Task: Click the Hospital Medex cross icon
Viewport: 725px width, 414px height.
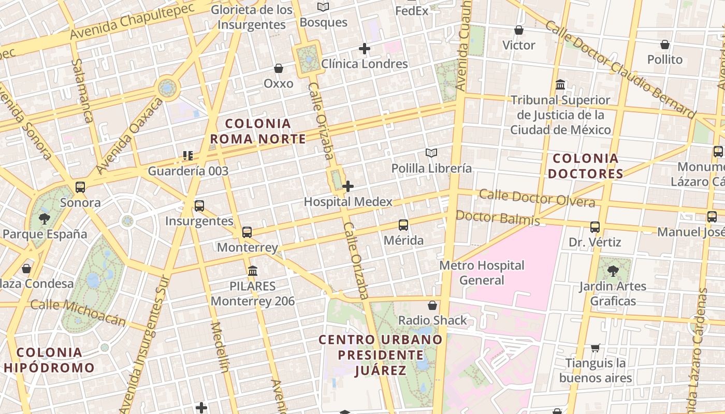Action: (x=348, y=186)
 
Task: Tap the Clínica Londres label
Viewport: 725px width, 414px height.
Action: (x=365, y=64)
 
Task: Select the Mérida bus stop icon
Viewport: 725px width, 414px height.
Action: (x=403, y=225)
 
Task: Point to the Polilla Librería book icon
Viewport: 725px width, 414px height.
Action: (x=431, y=153)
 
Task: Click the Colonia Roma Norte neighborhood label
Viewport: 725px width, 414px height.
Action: (x=258, y=131)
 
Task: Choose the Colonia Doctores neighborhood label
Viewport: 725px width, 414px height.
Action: (x=585, y=166)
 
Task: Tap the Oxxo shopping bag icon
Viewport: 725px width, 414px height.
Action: (x=279, y=68)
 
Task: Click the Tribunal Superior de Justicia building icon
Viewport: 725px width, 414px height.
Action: (x=560, y=84)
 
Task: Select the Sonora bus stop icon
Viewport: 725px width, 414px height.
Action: (x=80, y=187)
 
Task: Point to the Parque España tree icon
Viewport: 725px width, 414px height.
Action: (x=45, y=218)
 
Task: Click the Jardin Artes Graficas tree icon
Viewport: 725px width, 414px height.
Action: (x=613, y=270)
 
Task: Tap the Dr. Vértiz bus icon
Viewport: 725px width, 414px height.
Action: (x=595, y=227)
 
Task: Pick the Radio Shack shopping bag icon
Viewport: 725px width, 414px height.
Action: (x=432, y=305)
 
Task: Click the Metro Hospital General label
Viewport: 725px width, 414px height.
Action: (x=482, y=273)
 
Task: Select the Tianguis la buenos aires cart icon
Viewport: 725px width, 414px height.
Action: (x=596, y=348)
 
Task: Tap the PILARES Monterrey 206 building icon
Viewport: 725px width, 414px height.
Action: (x=253, y=271)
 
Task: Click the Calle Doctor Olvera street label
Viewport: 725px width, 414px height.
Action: (x=536, y=198)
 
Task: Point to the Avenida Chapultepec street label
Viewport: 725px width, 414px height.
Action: (x=132, y=22)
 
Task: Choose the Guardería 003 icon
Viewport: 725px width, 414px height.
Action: (x=188, y=155)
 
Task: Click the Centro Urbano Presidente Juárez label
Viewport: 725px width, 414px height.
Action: (x=381, y=355)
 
